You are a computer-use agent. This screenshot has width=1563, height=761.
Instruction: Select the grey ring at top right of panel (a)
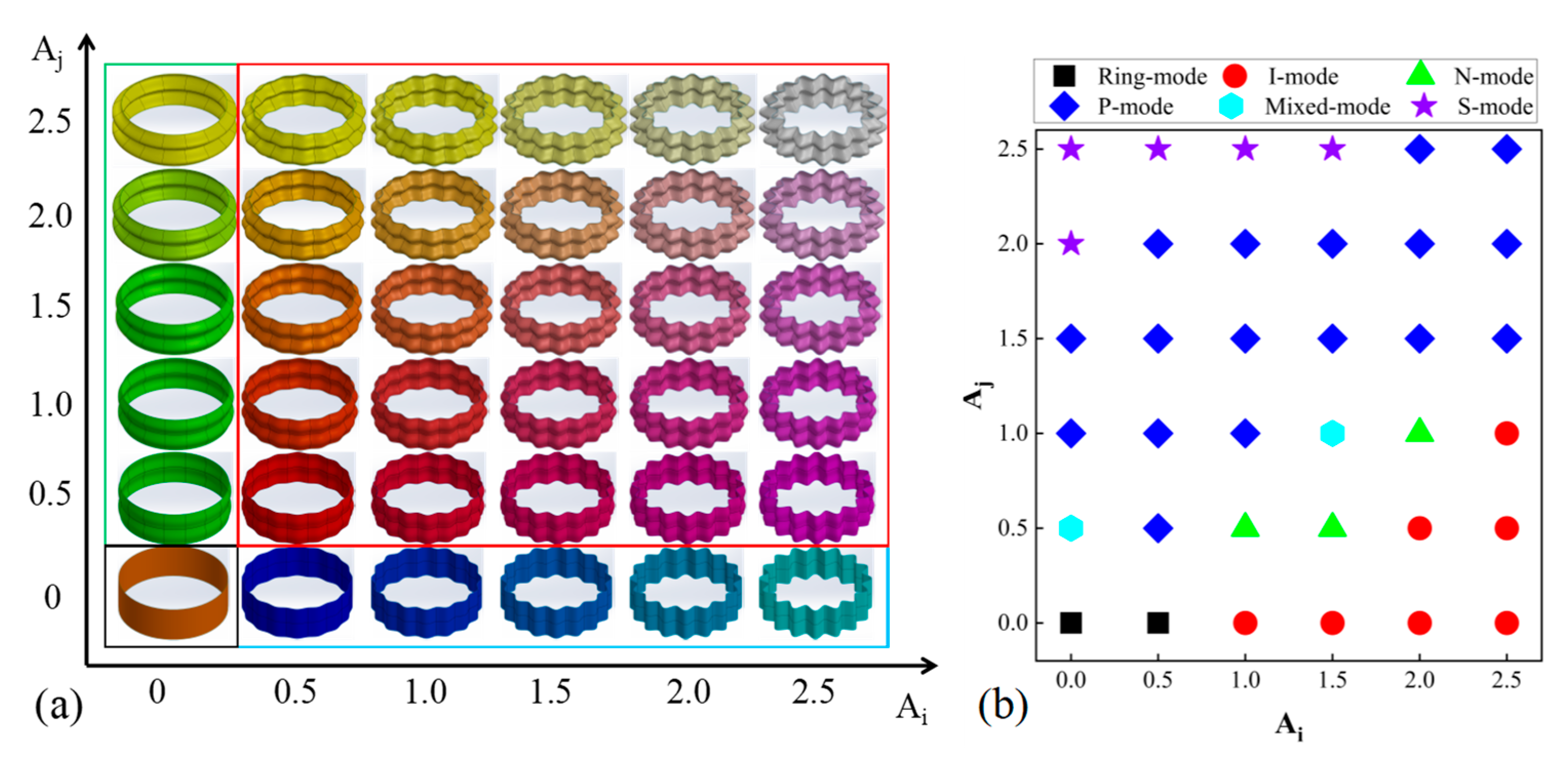coord(822,117)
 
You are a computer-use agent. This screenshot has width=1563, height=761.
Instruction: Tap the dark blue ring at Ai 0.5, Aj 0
coord(297,592)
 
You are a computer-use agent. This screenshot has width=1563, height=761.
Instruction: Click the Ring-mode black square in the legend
coord(1064,76)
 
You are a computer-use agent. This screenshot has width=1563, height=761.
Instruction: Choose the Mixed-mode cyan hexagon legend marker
coord(1230,107)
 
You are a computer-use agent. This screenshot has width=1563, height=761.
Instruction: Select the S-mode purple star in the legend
coord(1423,107)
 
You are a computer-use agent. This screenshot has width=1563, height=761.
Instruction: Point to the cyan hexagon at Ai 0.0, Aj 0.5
coord(1071,528)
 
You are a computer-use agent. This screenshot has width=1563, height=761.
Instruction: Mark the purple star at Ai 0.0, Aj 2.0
coord(1071,244)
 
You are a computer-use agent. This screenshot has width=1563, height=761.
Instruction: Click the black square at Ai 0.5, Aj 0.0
coord(1158,623)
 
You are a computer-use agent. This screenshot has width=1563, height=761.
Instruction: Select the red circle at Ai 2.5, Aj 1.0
coord(1507,433)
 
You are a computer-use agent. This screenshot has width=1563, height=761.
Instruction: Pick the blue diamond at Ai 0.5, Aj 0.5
coord(1158,528)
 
